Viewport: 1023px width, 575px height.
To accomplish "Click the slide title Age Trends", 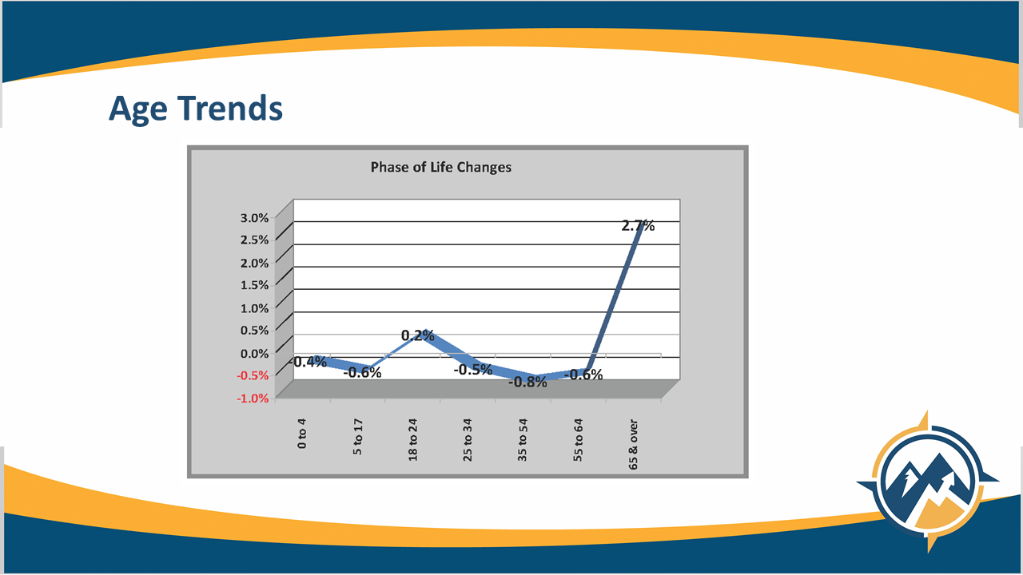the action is coord(196,109).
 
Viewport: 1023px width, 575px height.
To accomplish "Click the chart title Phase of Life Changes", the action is coord(440,168).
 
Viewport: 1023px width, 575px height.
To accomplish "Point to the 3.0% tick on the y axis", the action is coord(254,218).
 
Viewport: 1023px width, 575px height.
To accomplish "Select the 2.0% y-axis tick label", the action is coord(254,263).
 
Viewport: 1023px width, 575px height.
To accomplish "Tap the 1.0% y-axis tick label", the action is coord(254,308).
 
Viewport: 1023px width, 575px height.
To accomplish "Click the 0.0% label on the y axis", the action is coord(254,353).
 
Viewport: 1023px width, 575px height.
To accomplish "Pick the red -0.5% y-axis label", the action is coord(253,375).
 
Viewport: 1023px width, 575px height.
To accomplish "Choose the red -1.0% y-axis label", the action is coord(253,399).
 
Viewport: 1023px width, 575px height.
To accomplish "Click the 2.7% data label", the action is coord(638,225).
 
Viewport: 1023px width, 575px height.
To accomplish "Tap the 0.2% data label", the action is coord(417,335).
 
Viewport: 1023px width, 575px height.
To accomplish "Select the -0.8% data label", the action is coord(527,382).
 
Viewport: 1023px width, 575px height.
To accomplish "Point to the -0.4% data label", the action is coord(308,362).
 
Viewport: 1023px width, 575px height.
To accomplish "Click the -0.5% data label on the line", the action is coord(472,370).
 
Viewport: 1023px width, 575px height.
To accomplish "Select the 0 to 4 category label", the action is coord(302,433).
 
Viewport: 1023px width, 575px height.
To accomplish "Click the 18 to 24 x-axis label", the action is coord(413,439).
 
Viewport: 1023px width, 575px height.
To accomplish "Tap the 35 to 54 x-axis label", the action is coord(523,439).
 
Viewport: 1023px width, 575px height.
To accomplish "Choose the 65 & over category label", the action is coord(633,445).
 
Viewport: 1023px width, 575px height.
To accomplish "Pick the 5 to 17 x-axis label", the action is coord(357,437).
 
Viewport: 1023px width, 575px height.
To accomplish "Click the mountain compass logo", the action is coord(927,482).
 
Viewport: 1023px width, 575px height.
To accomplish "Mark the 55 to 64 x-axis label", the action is coord(578,439).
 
